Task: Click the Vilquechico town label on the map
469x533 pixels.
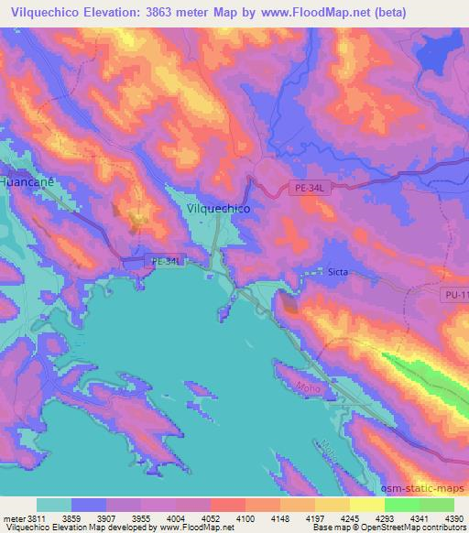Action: (x=218, y=208)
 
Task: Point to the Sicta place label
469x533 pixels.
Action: (x=339, y=272)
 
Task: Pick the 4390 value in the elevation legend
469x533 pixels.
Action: (x=443, y=519)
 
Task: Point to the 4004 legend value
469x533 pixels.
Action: (x=176, y=519)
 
